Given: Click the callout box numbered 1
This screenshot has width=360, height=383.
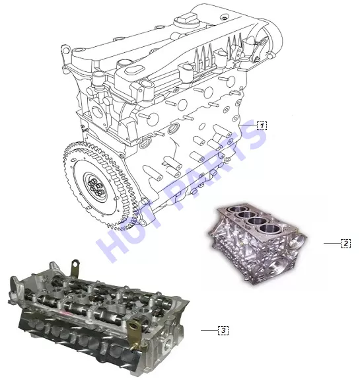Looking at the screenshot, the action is click(x=262, y=125).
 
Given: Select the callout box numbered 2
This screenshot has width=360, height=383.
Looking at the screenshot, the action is click(x=346, y=243).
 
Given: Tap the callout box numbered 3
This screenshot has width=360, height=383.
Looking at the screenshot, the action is click(x=223, y=330).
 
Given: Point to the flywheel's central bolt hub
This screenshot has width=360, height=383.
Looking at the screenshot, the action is click(x=96, y=187).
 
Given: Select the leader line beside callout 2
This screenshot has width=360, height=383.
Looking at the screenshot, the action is click(x=332, y=243).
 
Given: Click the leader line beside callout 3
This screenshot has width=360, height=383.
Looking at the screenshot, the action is click(x=209, y=330).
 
